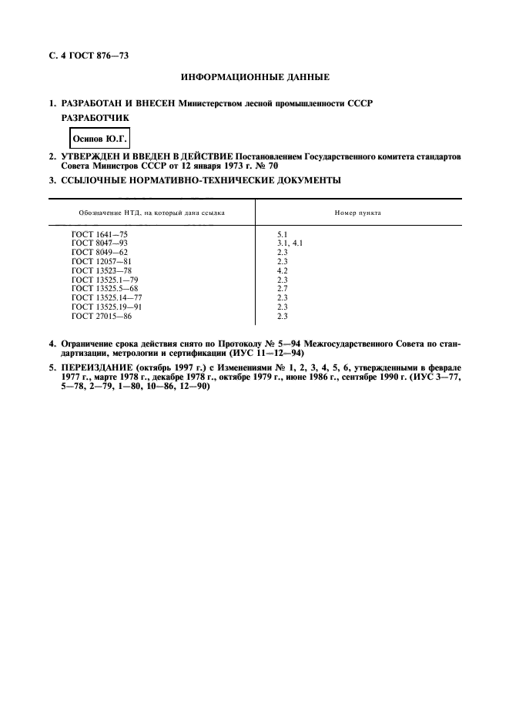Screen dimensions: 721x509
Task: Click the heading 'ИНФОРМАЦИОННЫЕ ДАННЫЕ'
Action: [254, 79]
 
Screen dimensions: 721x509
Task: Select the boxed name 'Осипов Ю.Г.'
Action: [99, 139]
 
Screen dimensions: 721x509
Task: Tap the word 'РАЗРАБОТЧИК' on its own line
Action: [95, 118]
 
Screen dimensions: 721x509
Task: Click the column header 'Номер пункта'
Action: [357, 212]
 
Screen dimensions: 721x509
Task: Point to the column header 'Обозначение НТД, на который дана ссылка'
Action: [152, 212]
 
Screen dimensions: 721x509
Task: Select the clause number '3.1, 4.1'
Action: [290, 242]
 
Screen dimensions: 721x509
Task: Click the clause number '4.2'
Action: [282, 270]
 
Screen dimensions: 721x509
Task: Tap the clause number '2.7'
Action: [282, 289]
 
